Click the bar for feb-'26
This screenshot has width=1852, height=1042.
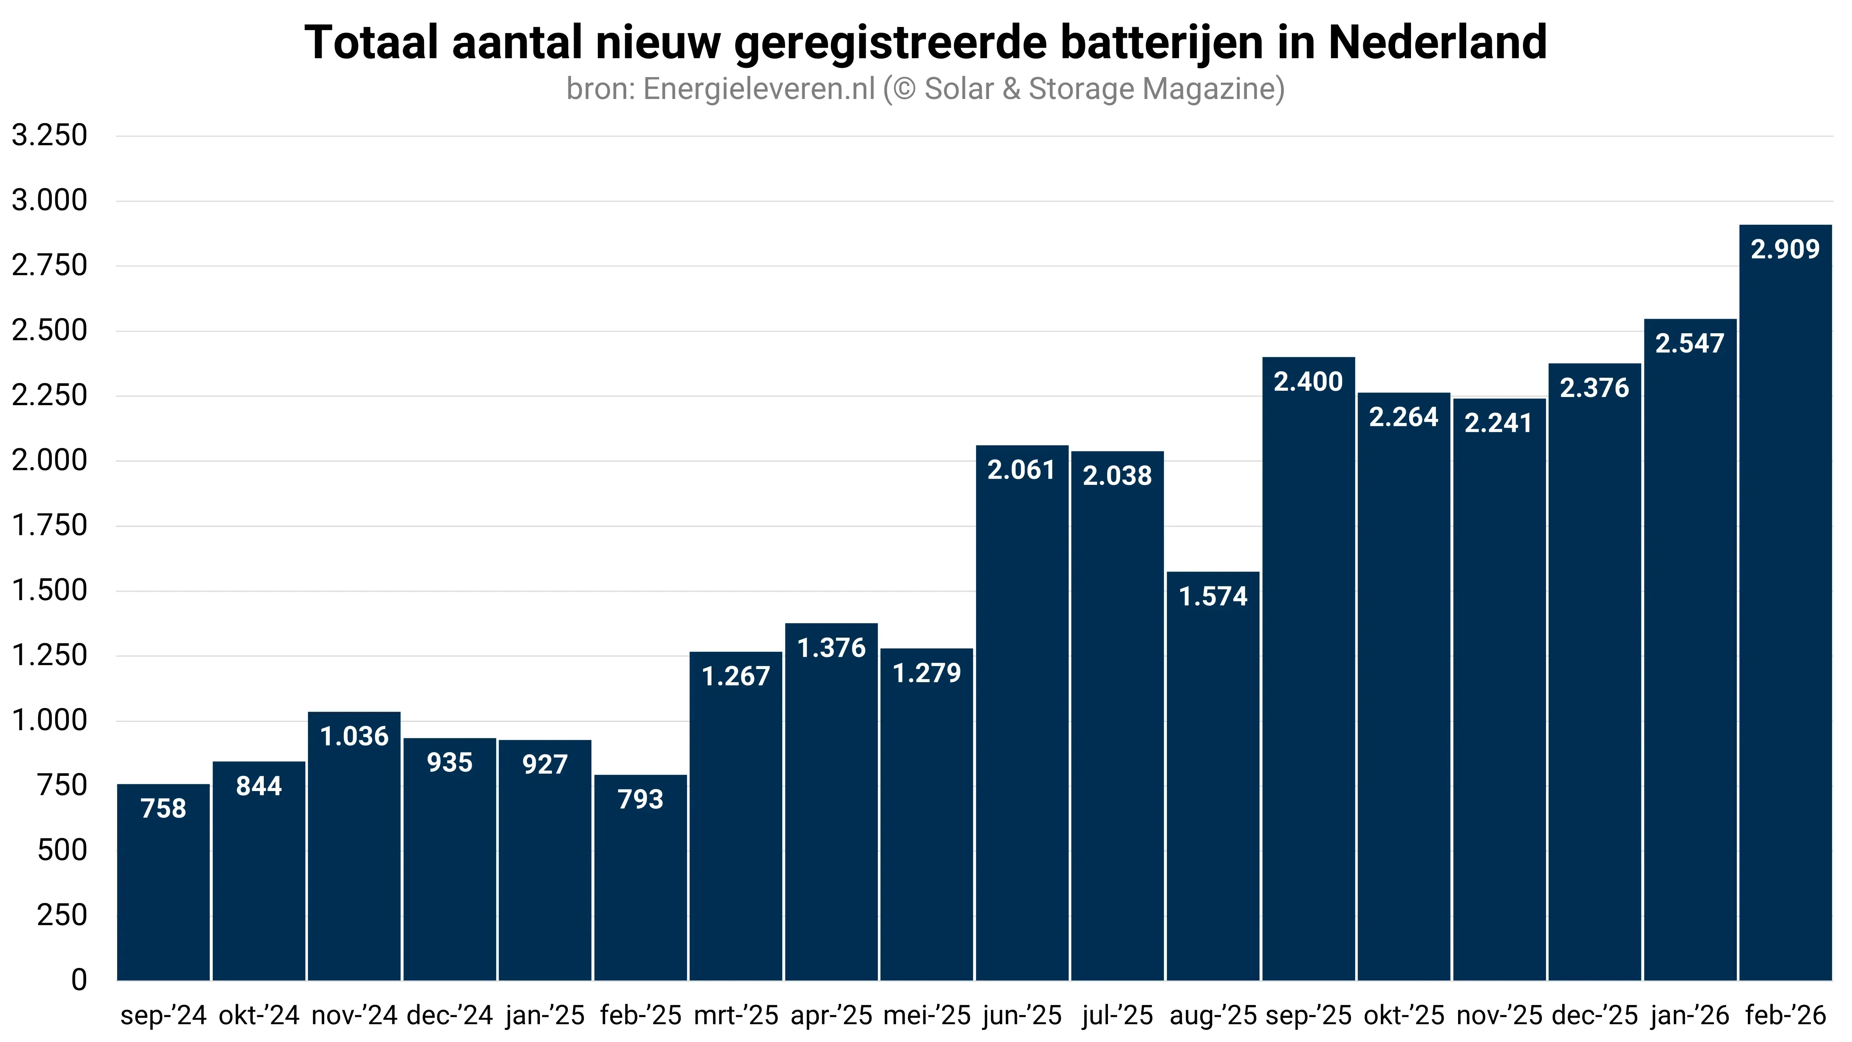[x=1785, y=604]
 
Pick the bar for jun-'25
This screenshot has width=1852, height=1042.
[x=1022, y=719]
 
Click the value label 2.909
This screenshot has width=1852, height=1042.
[x=1785, y=249]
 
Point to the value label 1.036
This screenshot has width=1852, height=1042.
[x=354, y=737]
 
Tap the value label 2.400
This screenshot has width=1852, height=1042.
[x=1308, y=382]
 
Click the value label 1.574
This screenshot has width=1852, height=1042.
[x=1213, y=596]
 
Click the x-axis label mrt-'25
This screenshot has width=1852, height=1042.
[x=736, y=1015]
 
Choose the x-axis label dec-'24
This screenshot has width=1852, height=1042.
[x=450, y=1015]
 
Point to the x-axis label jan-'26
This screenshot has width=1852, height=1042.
[x=1690, y=1015]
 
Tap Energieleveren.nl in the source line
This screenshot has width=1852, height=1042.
[x=759, y=89]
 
